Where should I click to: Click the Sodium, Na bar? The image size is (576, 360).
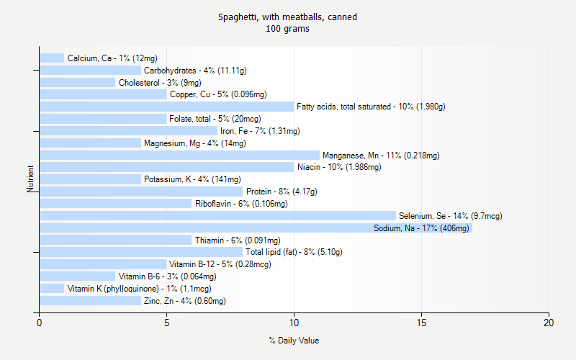(256, 228)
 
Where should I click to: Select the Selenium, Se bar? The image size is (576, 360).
(217, 216)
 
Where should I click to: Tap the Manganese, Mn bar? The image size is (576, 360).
(179, 155)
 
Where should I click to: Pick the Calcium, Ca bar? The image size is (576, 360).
(52, 58)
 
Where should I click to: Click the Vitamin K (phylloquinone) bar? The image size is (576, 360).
(52, 289)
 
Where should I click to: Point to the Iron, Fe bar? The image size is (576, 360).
(128, 131)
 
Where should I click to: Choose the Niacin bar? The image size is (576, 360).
(166, 167)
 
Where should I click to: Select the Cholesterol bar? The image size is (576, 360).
(77, 82)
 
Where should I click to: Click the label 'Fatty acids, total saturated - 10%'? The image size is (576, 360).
(371, 107)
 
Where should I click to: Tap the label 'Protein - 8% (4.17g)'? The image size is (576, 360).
(282, 192)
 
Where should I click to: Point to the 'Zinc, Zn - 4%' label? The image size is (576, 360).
(184, 301)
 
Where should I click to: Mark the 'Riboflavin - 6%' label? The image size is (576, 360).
(241, 204)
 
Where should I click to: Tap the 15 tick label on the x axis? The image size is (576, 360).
(421, 323)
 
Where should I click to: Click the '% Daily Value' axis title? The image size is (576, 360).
(294, 341)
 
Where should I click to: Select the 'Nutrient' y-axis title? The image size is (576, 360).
(31, 179)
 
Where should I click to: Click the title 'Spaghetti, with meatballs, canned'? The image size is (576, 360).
(288, 17)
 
